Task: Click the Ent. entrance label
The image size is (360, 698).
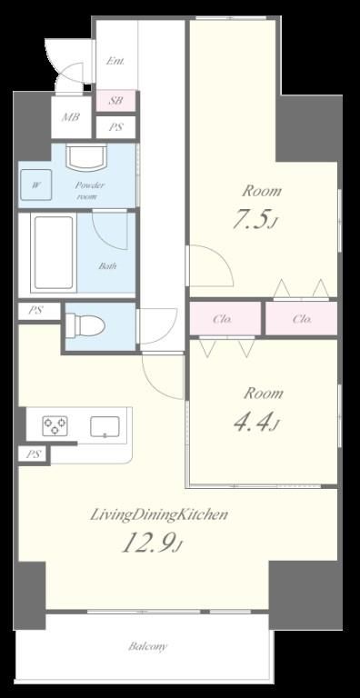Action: [x=115, y=61]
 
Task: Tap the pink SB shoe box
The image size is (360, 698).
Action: [x=115, y=101]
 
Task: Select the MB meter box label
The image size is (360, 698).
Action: [x=70, y=117]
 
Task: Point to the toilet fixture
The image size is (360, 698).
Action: [x=85, y=326]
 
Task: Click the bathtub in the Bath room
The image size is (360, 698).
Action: [x=54, y=253]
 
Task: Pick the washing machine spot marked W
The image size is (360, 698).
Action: [x=35, y=184]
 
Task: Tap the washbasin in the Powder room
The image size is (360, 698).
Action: [x=86, y=156]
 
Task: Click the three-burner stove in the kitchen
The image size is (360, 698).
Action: [x=55, y=425]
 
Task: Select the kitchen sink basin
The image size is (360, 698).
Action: [x=105, y=426]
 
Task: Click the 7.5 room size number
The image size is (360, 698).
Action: [x=252, y=220]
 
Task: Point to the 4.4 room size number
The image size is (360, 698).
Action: [x=254, y=422]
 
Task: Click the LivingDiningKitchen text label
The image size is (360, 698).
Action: [x=159, y=515]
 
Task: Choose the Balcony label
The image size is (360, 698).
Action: [x=148, y=646]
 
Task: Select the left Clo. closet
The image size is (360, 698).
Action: [x=225, y=319]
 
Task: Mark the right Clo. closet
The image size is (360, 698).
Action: [x=302, y=319]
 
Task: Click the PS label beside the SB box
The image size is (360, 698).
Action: [x=115, y=127]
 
